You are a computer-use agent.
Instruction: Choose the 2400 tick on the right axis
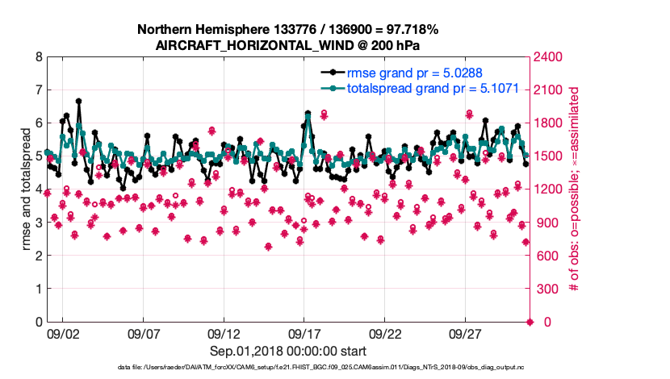click(550, 57)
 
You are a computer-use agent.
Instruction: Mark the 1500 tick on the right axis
click(550, 156)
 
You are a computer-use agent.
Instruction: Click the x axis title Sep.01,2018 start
click(288, 351)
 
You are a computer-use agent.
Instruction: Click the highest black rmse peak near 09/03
click(78, 102)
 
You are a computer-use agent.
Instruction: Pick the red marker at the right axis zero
click(530, 322)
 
